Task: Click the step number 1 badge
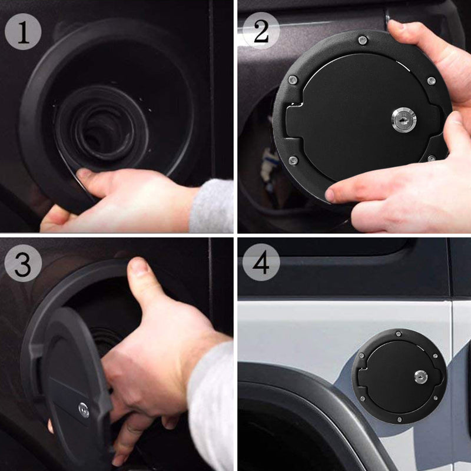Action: tap(23, 32)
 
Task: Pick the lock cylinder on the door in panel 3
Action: tap(84, 410)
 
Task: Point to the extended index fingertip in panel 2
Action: tap(331, 195)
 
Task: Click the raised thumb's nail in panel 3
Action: tap(138, 266)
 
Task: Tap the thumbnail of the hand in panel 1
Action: tap(84, 174)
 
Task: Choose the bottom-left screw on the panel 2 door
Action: tap(293, 161)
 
